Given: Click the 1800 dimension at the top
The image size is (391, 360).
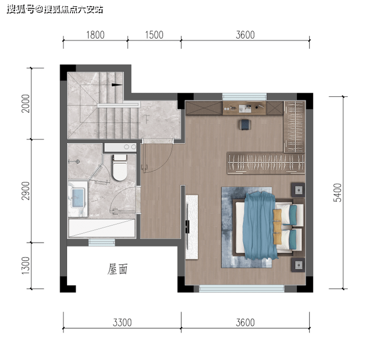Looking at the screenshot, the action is click(95, 35).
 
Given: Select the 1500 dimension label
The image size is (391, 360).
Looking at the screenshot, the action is click(154, 35).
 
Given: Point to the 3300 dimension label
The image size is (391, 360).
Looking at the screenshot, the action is click(122, 323).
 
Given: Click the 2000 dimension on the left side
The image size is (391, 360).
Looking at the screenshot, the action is click(26, 103).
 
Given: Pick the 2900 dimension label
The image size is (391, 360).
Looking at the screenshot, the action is click(26, 190).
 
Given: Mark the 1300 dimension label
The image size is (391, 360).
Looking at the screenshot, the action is click(26, 265).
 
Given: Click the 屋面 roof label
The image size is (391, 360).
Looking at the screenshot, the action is click(117, 269).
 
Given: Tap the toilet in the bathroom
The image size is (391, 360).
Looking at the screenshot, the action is click(120, 167).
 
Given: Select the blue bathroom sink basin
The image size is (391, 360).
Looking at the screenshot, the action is click(78, 198).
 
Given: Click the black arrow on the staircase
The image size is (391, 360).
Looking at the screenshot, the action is click(117, 84).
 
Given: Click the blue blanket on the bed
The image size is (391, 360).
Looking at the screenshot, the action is click(260, 225).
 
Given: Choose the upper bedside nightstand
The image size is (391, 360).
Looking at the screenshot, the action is click(298, 190).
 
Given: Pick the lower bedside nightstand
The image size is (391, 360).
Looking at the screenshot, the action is click(298, 265).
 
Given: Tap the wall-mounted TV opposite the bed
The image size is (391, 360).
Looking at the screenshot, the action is click(187, 227).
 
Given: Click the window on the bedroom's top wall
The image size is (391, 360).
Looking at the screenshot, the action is click(245, 96).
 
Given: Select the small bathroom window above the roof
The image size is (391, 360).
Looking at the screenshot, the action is click(102, 242).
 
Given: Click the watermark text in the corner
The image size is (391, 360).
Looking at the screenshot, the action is click(55, 10).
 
